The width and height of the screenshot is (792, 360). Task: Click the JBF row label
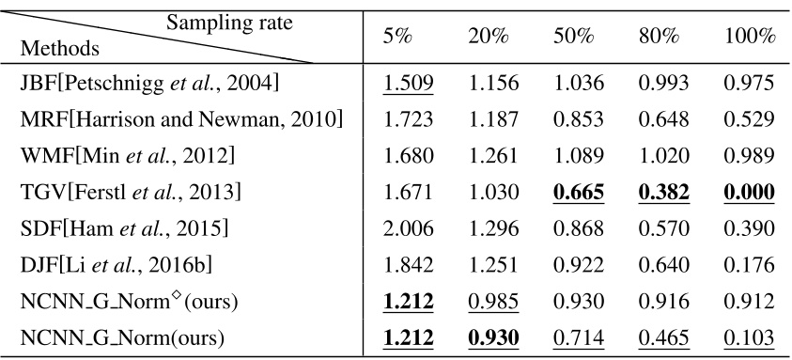[x=149, y=84]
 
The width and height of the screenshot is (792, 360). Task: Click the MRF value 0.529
[x=749, y=120]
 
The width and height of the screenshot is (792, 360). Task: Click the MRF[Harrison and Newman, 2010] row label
[x=181, y=120]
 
